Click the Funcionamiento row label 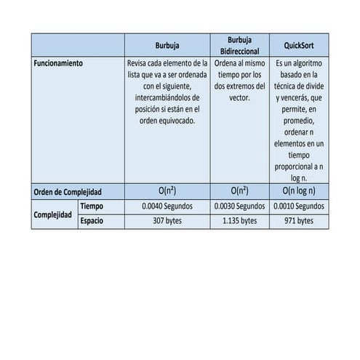[x=58, y=63]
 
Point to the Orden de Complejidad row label [x=68, y=192]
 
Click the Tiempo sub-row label [x=92, y=207]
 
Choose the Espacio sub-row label [x=93, y=220]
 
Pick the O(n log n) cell [x=298, y=192]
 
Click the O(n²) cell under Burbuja [x=167, y=192]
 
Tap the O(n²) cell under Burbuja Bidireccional [x=239, y=192]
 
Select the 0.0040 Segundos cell [x=167, y=207]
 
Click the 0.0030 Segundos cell [x=239, y=207]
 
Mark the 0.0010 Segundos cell [x=298, y=207]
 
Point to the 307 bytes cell [x=167, y=220]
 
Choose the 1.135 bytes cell [x=239, y=220]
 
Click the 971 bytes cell [x=298, y=220]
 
